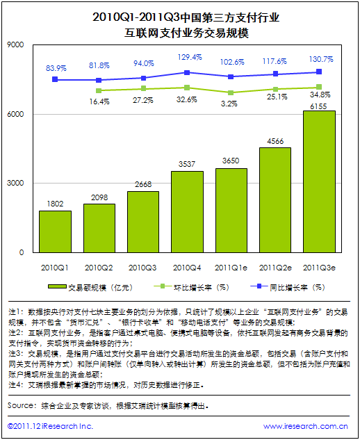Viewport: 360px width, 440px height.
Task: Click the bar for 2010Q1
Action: (55, 231)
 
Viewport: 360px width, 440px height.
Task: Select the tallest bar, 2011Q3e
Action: (319, 181)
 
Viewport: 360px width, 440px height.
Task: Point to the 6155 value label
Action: (319, 105)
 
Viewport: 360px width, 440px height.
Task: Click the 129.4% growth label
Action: (189, 57)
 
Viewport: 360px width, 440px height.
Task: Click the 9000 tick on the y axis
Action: (15, 45)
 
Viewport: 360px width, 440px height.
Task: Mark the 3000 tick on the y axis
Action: (15, 184)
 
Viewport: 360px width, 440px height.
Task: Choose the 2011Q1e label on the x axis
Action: (231, 267)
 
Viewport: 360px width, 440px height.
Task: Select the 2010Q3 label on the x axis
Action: (143, 267)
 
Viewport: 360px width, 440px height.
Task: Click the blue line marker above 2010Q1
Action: (55, 80)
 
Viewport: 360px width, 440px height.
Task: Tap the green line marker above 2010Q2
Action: (99, 90)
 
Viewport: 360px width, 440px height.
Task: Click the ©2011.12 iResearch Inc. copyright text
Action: (50, 426)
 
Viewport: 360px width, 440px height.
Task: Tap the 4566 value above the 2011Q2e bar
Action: (275, 142)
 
